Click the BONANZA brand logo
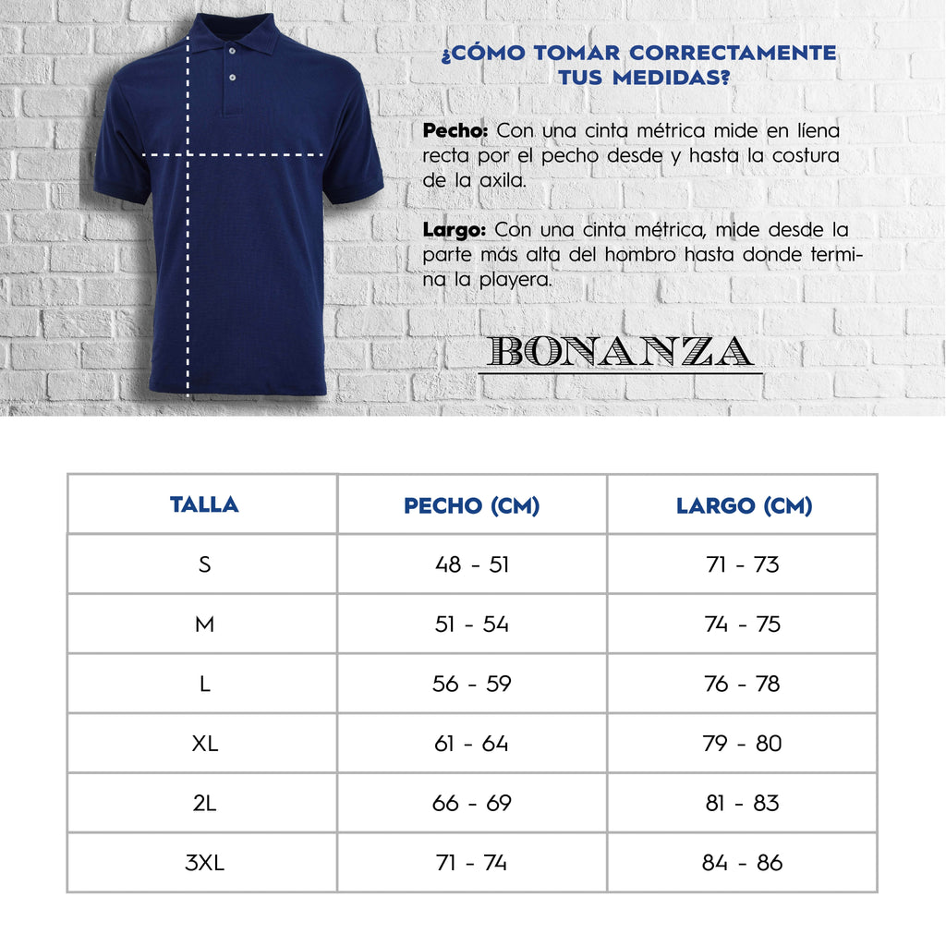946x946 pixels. (x=620, y=352)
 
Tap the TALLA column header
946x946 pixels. (x=204, y=504)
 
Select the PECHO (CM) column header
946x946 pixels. (x=471, y=505)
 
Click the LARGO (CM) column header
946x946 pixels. (x=744, y=505)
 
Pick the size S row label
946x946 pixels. (x=204, y=564)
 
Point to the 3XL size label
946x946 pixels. (x=204, y=863)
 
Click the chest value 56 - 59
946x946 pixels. (x=471, y=684)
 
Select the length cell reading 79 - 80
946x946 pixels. (x=742, y=744)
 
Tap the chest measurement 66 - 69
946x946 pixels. (x=471, y=804)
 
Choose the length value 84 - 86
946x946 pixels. (x=742, y=863)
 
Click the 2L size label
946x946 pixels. (x=204, y=804)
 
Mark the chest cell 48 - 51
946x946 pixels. (x=471, y=564)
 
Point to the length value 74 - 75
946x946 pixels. (x=742, y=625)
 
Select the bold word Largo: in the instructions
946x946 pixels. (x=455, y=229)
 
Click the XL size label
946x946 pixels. (x=204, y=744)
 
